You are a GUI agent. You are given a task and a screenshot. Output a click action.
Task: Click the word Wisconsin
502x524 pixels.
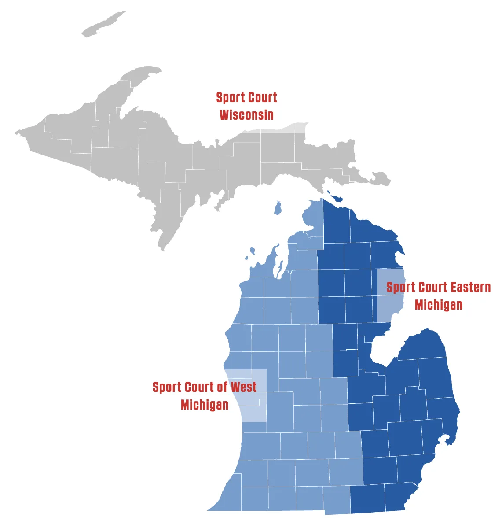coord(246,115)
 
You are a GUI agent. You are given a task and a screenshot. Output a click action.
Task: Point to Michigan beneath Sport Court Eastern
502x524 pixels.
coord(438,305)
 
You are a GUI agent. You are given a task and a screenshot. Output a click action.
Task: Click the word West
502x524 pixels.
coord(243,387)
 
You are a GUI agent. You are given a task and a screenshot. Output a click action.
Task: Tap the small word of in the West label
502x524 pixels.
coord(222,387)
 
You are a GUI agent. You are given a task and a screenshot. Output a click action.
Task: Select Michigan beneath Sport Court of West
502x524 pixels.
coord(204,405)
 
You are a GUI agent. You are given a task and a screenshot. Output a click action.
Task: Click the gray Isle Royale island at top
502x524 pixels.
coord(104,25)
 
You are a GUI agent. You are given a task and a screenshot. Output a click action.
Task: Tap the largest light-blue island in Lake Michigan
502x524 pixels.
coord(277,208)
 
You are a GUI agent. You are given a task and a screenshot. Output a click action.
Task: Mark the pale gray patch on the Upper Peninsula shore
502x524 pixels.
coord(294,127)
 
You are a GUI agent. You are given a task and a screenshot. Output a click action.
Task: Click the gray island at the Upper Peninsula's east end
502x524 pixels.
coord(381,179)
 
